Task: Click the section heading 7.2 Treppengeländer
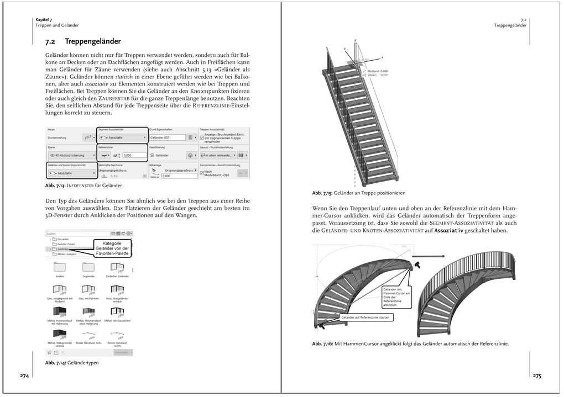(x=83, y=41)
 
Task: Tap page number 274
(x=24, y=376)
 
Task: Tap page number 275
(x=537, y=376)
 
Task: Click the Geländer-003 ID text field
(x=166, y=137)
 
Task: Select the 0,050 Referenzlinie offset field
(x=133, y=156)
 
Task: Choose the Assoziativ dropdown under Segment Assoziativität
(x=121, y=137)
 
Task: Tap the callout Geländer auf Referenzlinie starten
(x=364, y=318)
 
